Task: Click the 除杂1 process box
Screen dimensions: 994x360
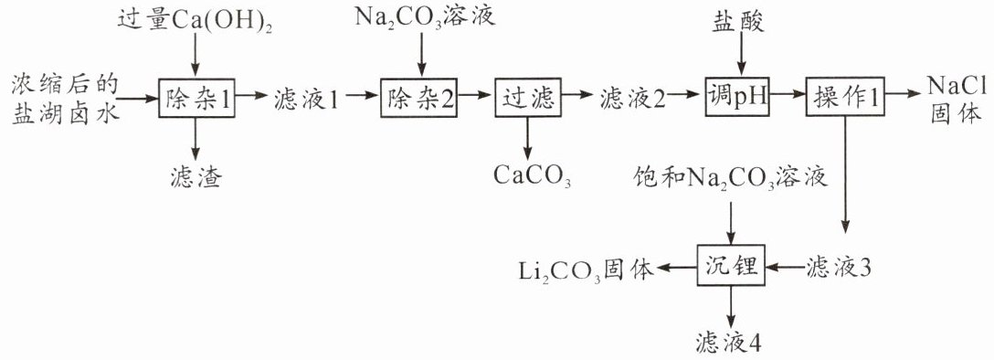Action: click(x=196, y=98)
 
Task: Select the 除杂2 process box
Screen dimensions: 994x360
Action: click(x=418, y=98)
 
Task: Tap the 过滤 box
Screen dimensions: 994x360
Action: click(x=527, y=98)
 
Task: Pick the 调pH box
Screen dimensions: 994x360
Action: click(x=736, y=98)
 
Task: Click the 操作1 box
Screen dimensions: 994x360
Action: click(x=844, y=98)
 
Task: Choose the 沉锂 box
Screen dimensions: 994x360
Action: click(x=731, y=267)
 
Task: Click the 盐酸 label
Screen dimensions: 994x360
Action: click(x=738, y=22)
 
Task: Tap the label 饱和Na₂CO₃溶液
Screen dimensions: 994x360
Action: click(x=730, y=178)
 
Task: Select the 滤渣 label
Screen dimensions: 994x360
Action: click(x=196, y=176)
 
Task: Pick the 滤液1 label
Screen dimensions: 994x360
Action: click(x=308, y=99)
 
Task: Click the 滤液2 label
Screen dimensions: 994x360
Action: click(x=632, y=99)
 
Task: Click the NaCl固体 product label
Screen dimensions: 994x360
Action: click(x=956, y=98)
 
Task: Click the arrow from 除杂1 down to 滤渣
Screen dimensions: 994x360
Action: click(x=196, y=139)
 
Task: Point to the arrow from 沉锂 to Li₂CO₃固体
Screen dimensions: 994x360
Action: click(x=677, y=268)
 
